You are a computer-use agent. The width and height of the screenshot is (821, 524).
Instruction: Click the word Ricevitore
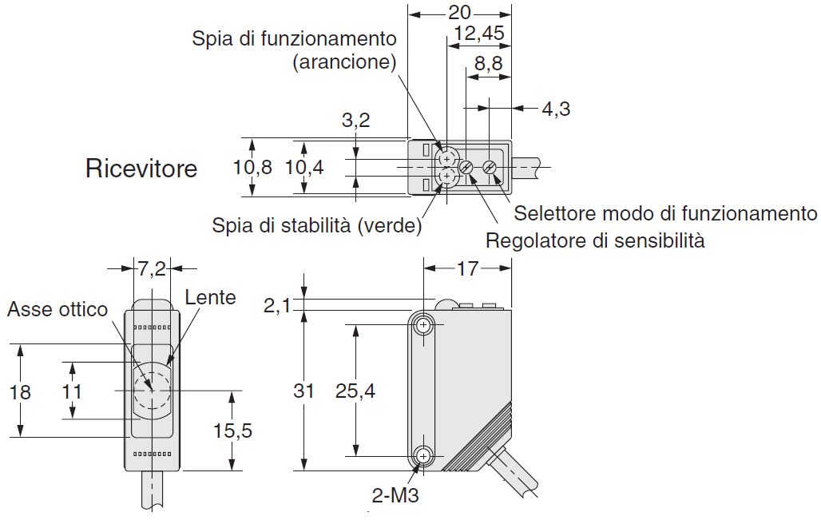pos(141,169)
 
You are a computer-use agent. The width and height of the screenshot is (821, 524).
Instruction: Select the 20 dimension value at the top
pos(459,12)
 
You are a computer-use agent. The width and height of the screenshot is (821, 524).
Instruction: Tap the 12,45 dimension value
pos(478,34)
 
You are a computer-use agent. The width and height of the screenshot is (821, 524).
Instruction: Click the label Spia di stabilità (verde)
pos(317,226)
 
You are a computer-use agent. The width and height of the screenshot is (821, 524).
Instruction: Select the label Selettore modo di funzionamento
pos(665,213)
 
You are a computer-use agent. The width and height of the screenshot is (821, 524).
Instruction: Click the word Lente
pos(210,298)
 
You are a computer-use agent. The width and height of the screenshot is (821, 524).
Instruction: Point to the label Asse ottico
pos(57,310)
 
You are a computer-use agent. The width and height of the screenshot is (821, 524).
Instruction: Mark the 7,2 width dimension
pos(152,269)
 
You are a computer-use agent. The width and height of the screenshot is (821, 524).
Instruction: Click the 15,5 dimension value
pos(232,431)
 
